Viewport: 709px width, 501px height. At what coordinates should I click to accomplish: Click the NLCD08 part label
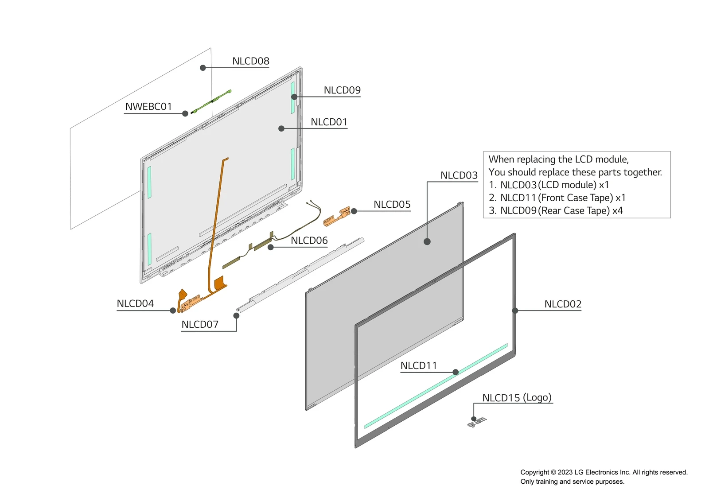tap(250, 61)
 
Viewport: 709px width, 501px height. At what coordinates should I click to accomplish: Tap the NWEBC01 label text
tap(148, 107)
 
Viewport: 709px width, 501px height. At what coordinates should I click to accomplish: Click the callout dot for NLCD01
tap(281, 128)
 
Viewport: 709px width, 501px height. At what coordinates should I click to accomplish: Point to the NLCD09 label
tap(342, 90)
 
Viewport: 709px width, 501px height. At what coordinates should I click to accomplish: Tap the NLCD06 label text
tap(309, 241)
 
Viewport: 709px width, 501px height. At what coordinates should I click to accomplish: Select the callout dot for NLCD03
tap(427, 241)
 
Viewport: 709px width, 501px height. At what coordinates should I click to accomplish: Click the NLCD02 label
tap(563, 304)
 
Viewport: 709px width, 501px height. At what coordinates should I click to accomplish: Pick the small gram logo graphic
tap(477, 422)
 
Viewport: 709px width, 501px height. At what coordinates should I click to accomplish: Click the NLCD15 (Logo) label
tap(517, 398)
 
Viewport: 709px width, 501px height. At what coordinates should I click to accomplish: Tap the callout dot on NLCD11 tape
tap(456, 372)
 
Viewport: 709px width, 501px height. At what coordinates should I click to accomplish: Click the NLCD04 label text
tap(135, 304)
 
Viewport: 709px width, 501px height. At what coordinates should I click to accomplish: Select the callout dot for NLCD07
tap(236, 316)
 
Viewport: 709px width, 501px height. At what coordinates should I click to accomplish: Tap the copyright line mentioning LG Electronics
tap(604, 472)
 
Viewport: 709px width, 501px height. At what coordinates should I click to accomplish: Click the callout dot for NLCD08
tap(203, 68)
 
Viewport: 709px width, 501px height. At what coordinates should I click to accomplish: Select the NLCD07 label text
tap(200, 325)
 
